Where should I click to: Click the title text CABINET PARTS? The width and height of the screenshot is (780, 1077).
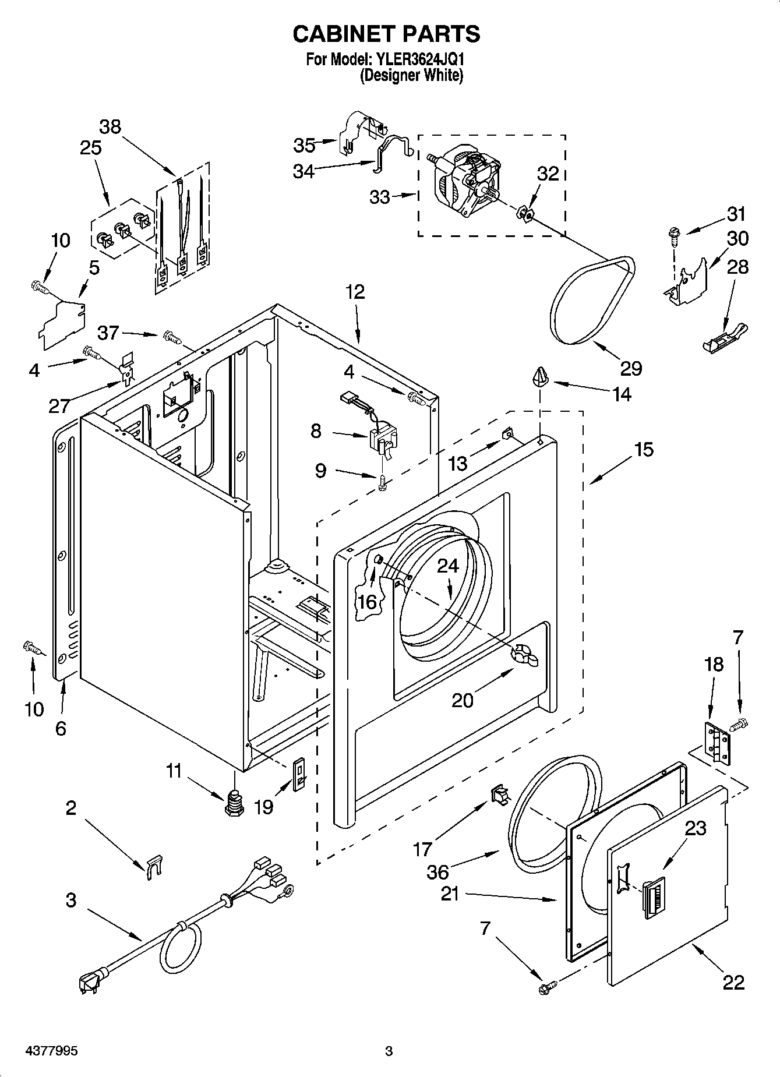(386, 34)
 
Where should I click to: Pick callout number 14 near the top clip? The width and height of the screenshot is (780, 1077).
(622, 394)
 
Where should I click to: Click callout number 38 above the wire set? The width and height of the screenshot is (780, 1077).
(110, 126)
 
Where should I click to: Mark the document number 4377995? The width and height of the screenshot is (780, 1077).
(52, 1051)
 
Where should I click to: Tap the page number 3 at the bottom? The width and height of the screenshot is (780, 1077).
(389, 1051)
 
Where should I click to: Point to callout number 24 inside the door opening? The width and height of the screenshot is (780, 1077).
(448, 566)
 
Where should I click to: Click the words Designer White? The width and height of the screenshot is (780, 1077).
(411, 75)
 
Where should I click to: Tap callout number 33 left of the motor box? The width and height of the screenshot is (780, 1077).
(380, 197)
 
